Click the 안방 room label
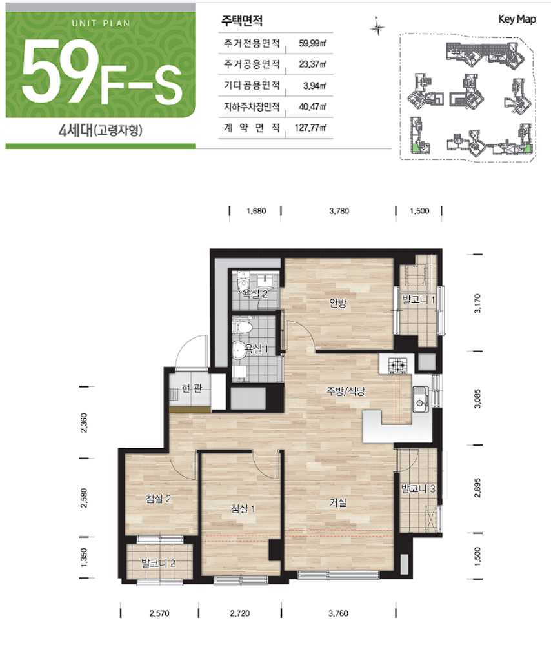click(x=337, y=302)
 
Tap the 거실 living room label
click(x=338, y=502)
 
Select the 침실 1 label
click(x=243, y=508)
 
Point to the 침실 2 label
click(x=158, y=499)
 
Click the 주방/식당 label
click(x=345, y=391)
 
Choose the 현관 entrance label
click(x=192, y=388)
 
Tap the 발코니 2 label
click(x=159, y=564)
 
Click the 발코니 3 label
click(x=418, y=488)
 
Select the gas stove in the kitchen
click(x=397, y=365)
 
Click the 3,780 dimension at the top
click(x=339, y=211)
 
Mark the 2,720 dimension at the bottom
click(x=240, y=613)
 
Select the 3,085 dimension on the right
click(x=477, y=399)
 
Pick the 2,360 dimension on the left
click(x=84, y=422)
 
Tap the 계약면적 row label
click(x=252, y=127)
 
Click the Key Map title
click(x=517, y=19)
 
